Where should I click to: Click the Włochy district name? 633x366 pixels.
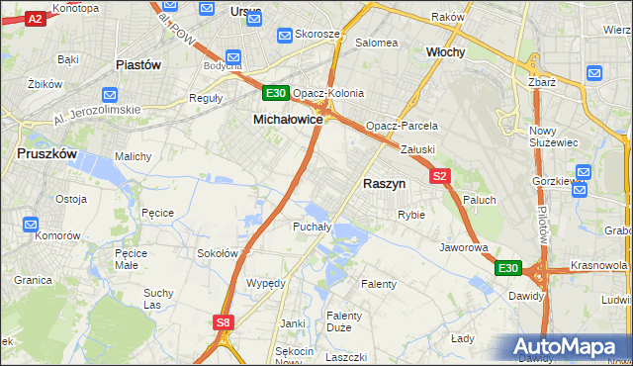pyautogui.click(x=445, y=51)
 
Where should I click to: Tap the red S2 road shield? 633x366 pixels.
pyautogui.click(x=441, y=176)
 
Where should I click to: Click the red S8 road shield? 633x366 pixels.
pyautogui.click(x=224, y=321)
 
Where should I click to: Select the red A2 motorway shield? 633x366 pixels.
pyautogui.click(x=35, y=19)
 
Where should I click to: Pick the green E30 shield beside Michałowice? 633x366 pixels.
pyautogui.click(x=276, y=94)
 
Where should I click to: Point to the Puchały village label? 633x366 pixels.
pyautogui.click(x=311, y=227)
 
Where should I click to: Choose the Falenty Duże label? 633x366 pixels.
pyautogui.click(x=344, y=322)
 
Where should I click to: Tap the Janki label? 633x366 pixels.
pyautogui.click(x=292, y=322)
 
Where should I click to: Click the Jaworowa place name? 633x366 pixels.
pyautogui.click(x=465, y=247)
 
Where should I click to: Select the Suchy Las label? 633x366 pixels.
pyautogui.click(x=158, y=298)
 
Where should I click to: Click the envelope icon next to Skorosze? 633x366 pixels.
pyautogui.click(x=286, y=34)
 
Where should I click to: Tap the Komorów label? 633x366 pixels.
pyautogui.click(x=56, y=237)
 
